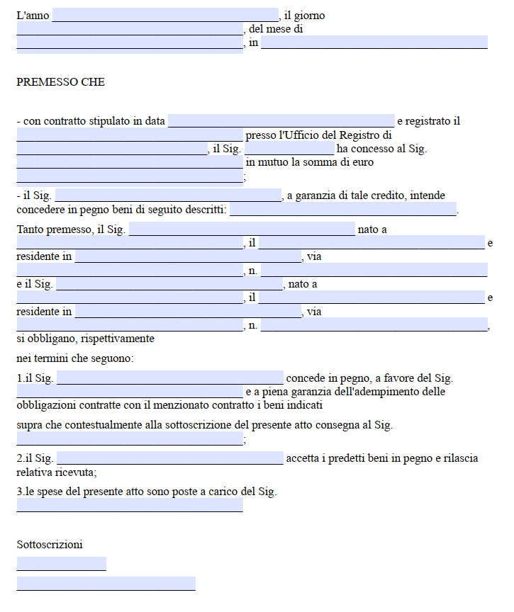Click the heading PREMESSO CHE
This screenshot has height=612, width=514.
pyautogui.click(x=60, y=82)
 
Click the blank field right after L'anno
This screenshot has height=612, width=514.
pyautogui.click(x=165, y=15)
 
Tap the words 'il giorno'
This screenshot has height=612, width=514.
pyautogui.click(x=306, y=15)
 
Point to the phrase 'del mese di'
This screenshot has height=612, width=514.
pyautogui.click(x=276, y=29)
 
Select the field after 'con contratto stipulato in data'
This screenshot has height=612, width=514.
pyautogui.click(x=281, y=121)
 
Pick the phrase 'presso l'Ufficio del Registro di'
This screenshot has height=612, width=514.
pyautogui.click(x=319, y=135)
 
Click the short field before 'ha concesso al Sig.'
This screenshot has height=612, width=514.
pyautogui.click(x=289, y=149)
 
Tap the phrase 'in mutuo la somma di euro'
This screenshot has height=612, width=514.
pyautogui.click(x=310, y=162)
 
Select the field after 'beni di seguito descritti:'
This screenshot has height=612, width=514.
pyautogui.click(x=343, y=210)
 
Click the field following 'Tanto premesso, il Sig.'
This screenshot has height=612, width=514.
pyautogui.click(x=242, y=229)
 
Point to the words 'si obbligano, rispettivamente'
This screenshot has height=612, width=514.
pyautogui.click(x=86, y=339)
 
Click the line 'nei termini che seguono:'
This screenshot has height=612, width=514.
pyautogui.click(x=74, y=358)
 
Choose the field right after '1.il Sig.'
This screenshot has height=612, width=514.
pyautogui.click(x=169, y=378)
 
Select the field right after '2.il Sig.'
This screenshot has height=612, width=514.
pyautogui.click(x=169, y=458)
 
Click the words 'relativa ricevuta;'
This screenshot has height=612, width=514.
pyautogui.click(x=57, y=472)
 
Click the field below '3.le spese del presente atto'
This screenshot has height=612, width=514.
pyautogui.click(x=130, y=505)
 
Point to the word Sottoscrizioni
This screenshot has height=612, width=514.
pyautogui.click(x=50, y=545)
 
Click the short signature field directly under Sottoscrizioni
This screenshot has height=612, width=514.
pyautogui.click(x=61, y=564)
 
